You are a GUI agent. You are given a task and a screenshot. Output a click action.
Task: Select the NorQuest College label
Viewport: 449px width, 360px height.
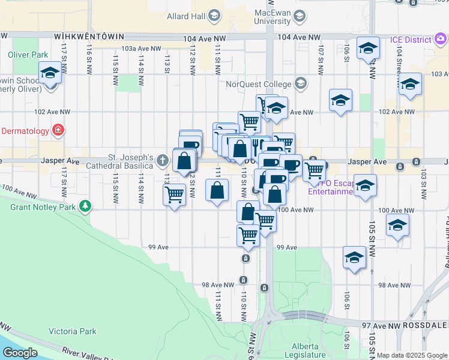coord(256,85)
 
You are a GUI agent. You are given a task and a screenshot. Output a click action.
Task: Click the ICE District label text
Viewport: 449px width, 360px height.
coord(406,40)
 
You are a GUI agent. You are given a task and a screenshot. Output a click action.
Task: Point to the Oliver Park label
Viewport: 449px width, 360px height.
coord(28,55)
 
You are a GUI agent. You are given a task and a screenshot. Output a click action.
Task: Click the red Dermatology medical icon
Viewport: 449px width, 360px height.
coord(58,130)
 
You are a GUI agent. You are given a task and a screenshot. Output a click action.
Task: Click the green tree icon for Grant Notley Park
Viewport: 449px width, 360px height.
coord(85,207)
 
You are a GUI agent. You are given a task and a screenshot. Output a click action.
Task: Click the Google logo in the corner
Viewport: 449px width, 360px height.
coord(20,352)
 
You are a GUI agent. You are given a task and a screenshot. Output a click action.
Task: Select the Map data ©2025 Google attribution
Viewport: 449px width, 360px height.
coord(412,355)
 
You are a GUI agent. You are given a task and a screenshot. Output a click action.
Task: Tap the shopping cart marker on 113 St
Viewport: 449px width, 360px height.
coord(174,194)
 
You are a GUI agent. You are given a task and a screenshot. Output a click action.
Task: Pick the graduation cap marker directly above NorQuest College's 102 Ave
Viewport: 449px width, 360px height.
coord(276,109)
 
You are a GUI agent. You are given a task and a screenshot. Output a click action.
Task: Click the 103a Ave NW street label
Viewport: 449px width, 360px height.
coord(141,49)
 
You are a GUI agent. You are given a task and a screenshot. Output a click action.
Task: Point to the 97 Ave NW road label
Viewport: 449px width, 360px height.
coord(381,325)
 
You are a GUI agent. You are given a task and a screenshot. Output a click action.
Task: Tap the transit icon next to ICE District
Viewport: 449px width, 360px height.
coord(439,40)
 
